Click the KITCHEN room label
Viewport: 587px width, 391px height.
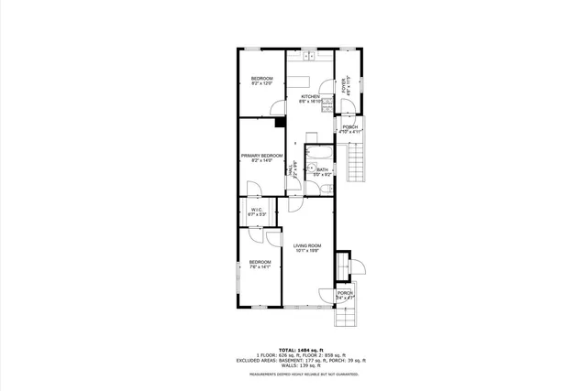click(309, 96)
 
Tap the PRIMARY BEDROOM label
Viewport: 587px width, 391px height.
click(261, 156)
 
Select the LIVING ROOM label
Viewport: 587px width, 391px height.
click(306, 245)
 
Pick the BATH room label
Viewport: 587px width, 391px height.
click(323, 169)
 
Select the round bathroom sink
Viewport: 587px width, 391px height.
click(311, 169)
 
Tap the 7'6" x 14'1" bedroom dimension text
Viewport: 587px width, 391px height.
click(260, 267)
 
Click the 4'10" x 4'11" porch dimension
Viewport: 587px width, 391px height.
click(351, 132)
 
